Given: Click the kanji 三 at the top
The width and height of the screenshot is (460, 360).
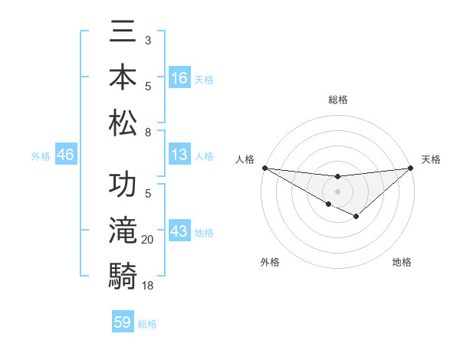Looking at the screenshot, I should click(123, 33).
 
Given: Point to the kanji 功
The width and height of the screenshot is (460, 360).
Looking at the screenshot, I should click(123, 187).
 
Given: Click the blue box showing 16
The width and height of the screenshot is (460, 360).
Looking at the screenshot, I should click(179, 78).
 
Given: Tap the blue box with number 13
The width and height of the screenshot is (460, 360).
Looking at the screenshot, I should click(179, 155).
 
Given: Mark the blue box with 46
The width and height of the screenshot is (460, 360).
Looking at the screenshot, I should click(66, 155).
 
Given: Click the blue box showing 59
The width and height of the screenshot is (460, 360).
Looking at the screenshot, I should click(123, 322).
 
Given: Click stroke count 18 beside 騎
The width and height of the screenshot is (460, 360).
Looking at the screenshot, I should click(148, 285).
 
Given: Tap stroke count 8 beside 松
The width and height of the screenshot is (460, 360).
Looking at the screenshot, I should click(147, 132).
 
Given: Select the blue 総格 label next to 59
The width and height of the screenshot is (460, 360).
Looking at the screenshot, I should click(147, 324).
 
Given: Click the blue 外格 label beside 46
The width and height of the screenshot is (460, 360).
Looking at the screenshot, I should click(41, 156).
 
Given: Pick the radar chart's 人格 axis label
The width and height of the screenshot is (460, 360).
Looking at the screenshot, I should click(245, 159).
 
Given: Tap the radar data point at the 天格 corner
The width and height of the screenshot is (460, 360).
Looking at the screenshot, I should click(411, 168).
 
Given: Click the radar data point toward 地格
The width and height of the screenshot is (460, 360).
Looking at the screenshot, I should click(356, 218).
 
